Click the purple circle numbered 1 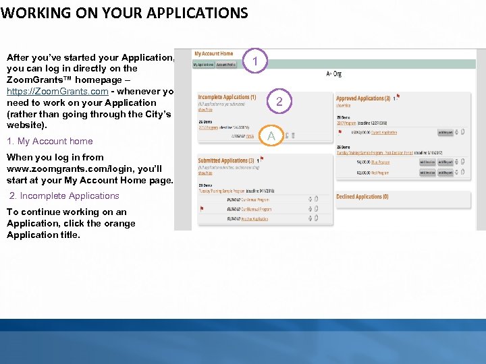(255, 62)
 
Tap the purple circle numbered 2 (278, 102)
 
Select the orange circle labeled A (271, 137)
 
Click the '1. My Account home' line (50, 141)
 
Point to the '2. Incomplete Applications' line (64, 195)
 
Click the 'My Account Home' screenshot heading (213, 54)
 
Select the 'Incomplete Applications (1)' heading (227, 97)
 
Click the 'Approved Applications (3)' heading (363, 98)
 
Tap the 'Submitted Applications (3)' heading (226, 160)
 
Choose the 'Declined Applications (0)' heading (362, 197)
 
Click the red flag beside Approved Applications (398, 96)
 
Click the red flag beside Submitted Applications (261, 159)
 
